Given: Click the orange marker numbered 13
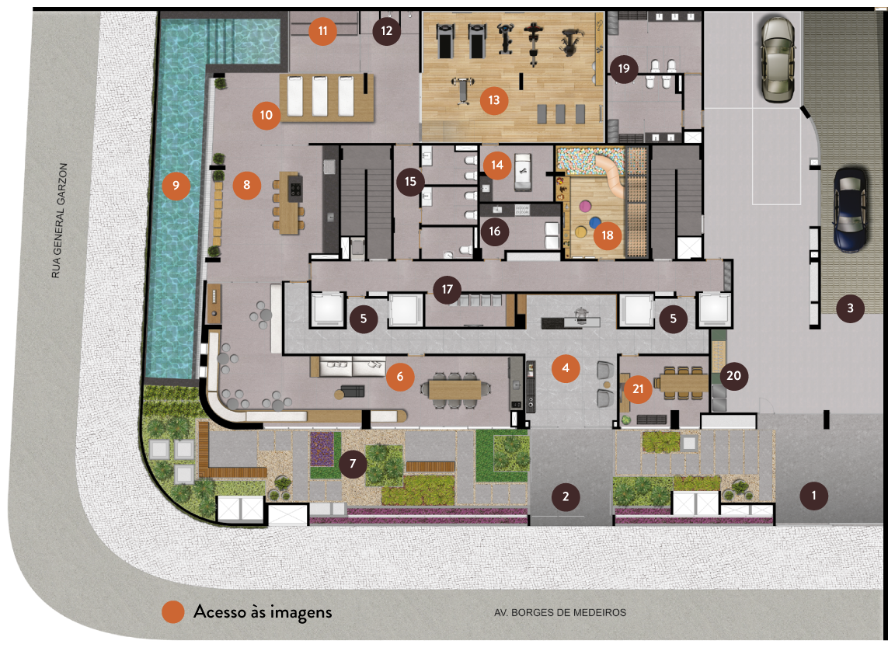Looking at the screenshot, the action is coord(494,100).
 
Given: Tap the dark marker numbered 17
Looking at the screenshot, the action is coord(447,289).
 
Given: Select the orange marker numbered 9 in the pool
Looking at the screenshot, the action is coord(176,185).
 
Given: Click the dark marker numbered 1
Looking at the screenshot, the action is coord(814,496).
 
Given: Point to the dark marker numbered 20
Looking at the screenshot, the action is coord(733,375).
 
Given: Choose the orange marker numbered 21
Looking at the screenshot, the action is coord(638,389).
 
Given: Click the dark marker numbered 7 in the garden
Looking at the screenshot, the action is coord(353,464).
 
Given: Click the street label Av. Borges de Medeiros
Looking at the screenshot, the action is coord(559,612).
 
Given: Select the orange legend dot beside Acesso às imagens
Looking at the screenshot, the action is coord(172,611).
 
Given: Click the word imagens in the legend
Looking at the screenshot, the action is coord(301,613).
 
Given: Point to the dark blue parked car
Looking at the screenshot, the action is coord(851,208).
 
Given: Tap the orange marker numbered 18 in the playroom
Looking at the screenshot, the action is coord(607,235).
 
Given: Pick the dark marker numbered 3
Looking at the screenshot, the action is coord(850,308).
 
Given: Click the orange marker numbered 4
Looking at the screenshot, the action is coord(565,368).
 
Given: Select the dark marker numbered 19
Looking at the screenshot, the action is coord(624,68).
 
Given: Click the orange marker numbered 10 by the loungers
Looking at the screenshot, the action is coord(266,115).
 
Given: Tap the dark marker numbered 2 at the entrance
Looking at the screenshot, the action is coord(565,496).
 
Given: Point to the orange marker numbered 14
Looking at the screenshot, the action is coord(496,165).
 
